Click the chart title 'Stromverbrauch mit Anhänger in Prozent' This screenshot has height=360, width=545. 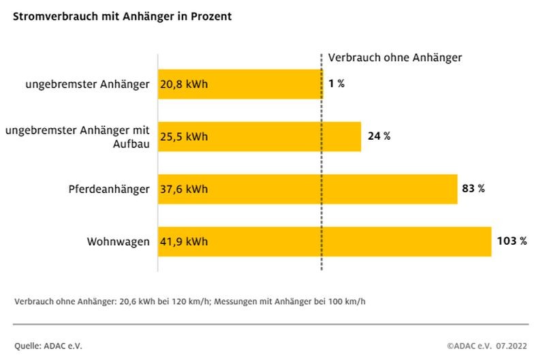click(x=122, y=16)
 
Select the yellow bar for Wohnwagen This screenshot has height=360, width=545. click(x=341, y=241)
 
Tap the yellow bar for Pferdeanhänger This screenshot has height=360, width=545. click(x=327, y=189)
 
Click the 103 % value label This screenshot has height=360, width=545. click(x=512, y=241)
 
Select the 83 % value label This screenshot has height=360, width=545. click(x=473, y=189)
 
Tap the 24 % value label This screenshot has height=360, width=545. click(x=379, y=136)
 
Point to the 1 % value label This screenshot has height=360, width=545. click(x=337, y=84)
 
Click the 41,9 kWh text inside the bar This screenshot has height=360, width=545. click(x=184, y=241)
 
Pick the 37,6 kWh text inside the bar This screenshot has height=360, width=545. click(x=184, y=189)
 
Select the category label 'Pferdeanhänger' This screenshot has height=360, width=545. click(x=109, y=189)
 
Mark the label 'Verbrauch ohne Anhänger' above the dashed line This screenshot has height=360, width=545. click(x=395, y=58)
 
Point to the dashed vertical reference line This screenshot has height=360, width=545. click(x=322, y=164)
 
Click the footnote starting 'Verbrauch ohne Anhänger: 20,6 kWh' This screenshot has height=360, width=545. click(x=190, y=301)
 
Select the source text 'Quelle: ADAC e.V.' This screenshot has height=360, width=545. click(x=48, y=346)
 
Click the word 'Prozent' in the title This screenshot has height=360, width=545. click(x=211, y=16)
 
